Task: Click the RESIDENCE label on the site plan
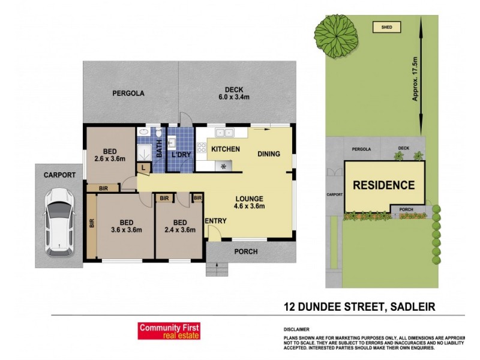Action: tap(383, 186)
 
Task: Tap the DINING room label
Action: tap(269, 154)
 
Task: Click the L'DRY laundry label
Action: tap(181, 155)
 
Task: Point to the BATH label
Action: tap(160, 149)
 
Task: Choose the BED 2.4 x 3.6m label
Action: tap(178, 225)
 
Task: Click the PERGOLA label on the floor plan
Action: tap(128, 94)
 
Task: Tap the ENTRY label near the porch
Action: tap(216, 221)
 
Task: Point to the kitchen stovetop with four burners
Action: tap(201, 148)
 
